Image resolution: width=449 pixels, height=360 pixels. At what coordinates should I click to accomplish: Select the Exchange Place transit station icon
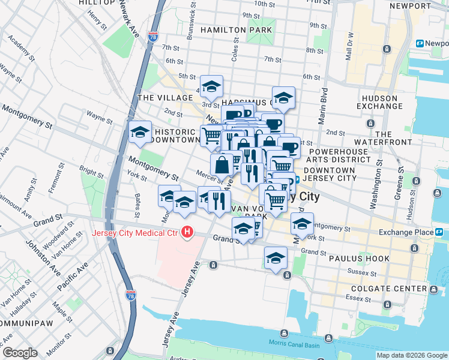point(439,232)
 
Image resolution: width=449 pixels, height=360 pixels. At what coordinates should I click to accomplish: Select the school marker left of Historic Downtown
point(140,133)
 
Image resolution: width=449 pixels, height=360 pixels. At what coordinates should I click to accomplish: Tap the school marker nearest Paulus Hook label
point(276,258)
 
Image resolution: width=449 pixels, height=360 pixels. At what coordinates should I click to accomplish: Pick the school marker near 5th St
point(211,87)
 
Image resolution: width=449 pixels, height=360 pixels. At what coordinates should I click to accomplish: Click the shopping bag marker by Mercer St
point(222,164)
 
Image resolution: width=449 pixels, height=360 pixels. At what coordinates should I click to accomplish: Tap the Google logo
point(20,352)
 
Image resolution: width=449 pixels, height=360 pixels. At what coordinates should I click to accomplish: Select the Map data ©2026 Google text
point(411,355)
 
